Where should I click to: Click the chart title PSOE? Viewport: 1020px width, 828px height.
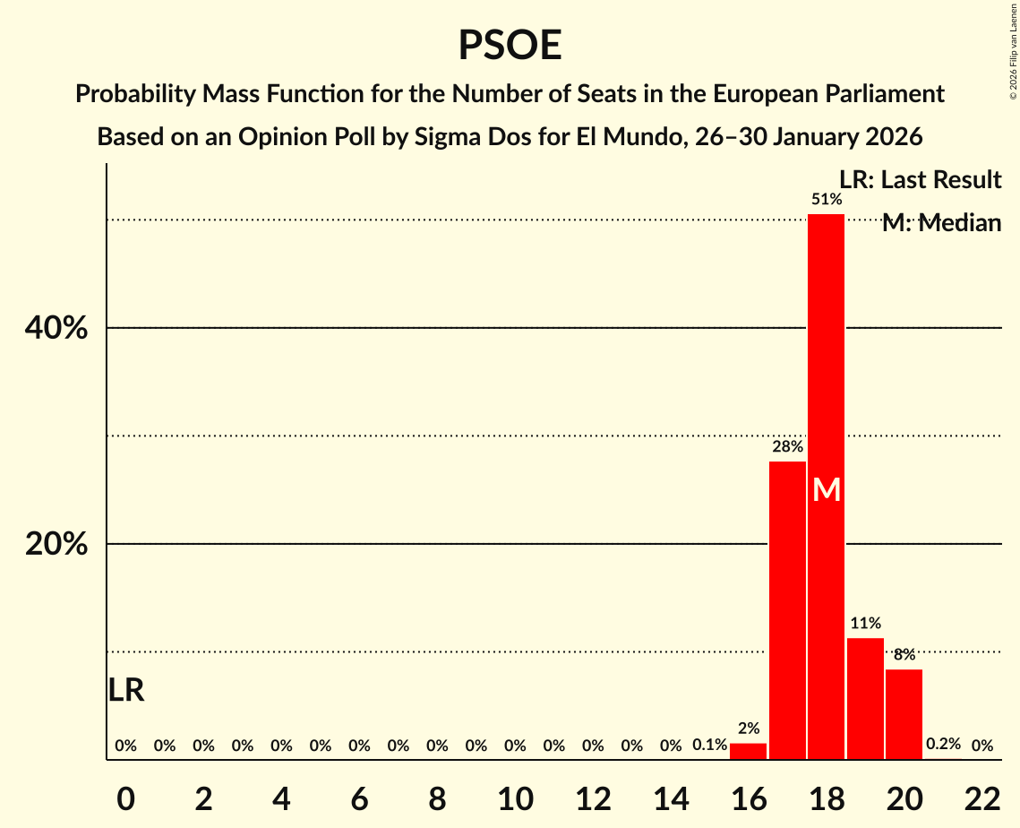510,45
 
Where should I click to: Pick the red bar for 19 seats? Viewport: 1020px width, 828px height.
865,699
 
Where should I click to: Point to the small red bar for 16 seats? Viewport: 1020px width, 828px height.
748,751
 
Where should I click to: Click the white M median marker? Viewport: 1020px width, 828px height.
827,490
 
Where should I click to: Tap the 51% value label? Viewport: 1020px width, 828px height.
827,199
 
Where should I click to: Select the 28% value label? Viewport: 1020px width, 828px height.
788,446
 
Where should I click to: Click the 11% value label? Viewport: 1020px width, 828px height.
865,623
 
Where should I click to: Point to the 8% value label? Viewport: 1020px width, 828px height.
904,654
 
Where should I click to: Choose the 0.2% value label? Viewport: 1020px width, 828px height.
943,744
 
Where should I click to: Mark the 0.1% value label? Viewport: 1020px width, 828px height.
709,745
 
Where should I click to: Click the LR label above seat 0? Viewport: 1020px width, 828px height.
126,690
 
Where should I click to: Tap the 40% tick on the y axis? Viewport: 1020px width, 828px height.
56,329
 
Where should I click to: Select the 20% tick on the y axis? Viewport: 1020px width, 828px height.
56,545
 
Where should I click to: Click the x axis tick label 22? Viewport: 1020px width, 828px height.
982,799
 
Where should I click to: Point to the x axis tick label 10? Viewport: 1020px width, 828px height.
515,799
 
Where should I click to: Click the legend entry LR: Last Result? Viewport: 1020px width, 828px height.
920,180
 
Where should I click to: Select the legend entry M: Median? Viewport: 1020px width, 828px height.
940,223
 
